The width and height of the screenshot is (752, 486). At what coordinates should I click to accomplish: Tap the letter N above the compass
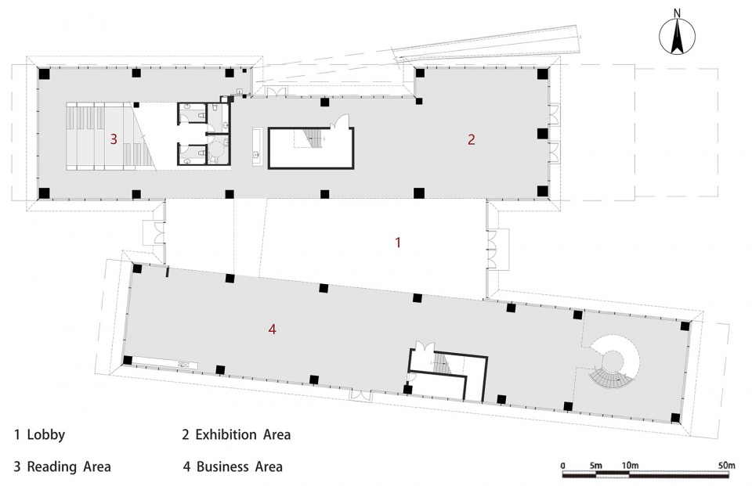[x=677, y=13]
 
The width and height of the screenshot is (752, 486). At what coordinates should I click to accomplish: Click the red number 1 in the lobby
[x=398, y=243]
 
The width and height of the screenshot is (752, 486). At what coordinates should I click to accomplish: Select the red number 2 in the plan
[x=472, y=139]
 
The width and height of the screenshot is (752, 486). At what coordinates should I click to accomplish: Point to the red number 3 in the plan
[x=114, y=139]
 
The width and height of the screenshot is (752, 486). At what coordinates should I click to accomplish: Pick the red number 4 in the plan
[x=273, y=329]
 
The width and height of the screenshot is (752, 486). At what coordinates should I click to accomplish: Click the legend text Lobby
[x=46, y=434]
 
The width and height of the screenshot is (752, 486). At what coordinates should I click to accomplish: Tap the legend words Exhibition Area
[x=243, y=434]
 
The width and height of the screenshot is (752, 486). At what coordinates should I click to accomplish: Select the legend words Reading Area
[x=69, y=466]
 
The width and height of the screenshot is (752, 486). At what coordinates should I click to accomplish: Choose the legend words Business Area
[x=240, y=466]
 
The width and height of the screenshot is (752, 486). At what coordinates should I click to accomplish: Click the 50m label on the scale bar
[x=727, y=466]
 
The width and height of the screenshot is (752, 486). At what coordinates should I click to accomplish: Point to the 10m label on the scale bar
[x=630, y=466]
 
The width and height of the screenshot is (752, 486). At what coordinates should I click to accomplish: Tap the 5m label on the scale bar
[x=595, y=466]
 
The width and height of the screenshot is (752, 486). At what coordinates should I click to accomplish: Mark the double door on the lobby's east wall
[x=492, y=249]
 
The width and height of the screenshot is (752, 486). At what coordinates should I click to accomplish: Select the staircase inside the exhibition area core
[x=313, y=139]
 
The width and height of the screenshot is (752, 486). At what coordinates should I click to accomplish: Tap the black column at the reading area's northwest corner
[x=44, y=74]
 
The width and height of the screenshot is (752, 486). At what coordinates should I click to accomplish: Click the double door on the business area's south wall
[x=360, y=394]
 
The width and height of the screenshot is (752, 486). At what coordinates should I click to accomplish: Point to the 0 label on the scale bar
[x=562, y=466]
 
